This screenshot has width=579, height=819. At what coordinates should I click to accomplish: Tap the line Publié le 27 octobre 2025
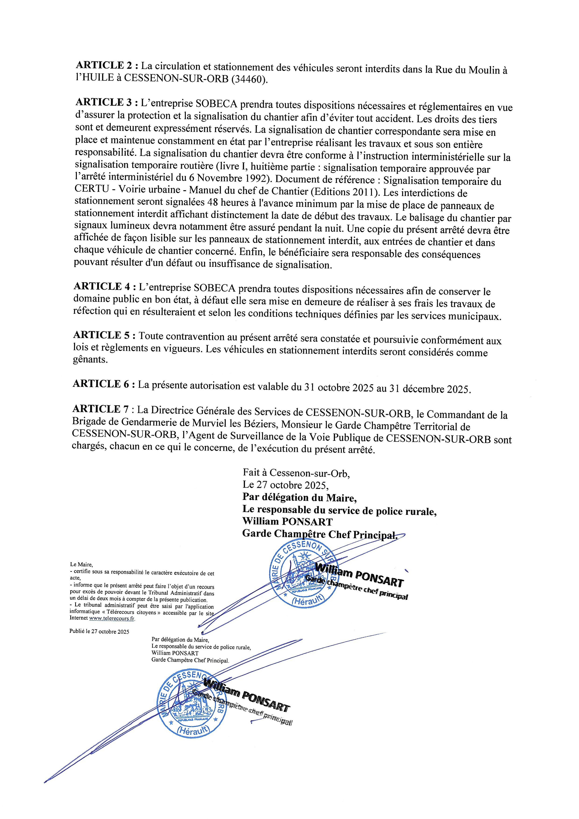pos(99,631)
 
